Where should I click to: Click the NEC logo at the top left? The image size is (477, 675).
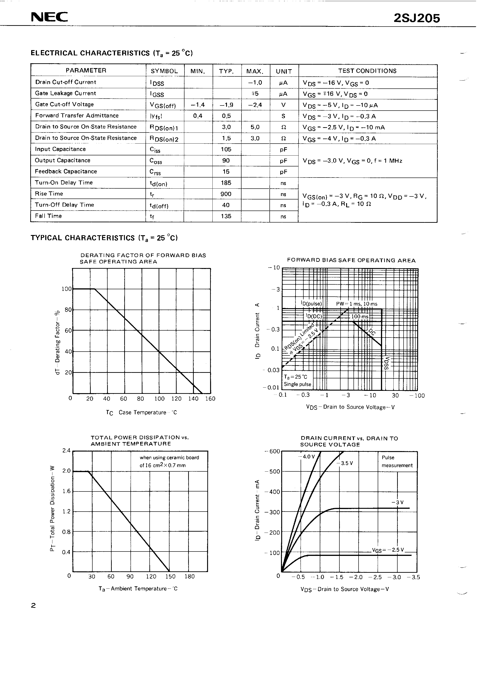click(x=49, y=17)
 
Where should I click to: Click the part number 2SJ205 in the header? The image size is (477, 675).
click(x=417, y=18)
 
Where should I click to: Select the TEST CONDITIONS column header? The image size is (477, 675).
click(x=367, y=71)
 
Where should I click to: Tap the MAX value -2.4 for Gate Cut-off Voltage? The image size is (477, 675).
click(x=255, y=105)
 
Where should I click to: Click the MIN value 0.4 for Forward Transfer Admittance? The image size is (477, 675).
click(x=198, y=116)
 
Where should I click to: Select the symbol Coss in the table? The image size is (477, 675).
click(x=156, y=161)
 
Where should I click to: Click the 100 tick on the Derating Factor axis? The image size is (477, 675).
click(x=66, y=289)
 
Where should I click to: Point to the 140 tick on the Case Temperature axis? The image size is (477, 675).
click(x=193, y=399)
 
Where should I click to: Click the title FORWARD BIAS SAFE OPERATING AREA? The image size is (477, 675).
click(x=351, y=260)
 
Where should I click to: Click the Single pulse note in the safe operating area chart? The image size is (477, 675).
click(x=297, y=384)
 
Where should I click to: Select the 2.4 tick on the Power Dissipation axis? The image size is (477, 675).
click(x=66, y=451)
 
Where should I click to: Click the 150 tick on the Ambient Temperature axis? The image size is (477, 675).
click(x=170, y=576)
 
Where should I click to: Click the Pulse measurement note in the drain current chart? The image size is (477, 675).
click(x=397, y=461)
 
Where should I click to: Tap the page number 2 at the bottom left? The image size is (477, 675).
click(x=33, y=605)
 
